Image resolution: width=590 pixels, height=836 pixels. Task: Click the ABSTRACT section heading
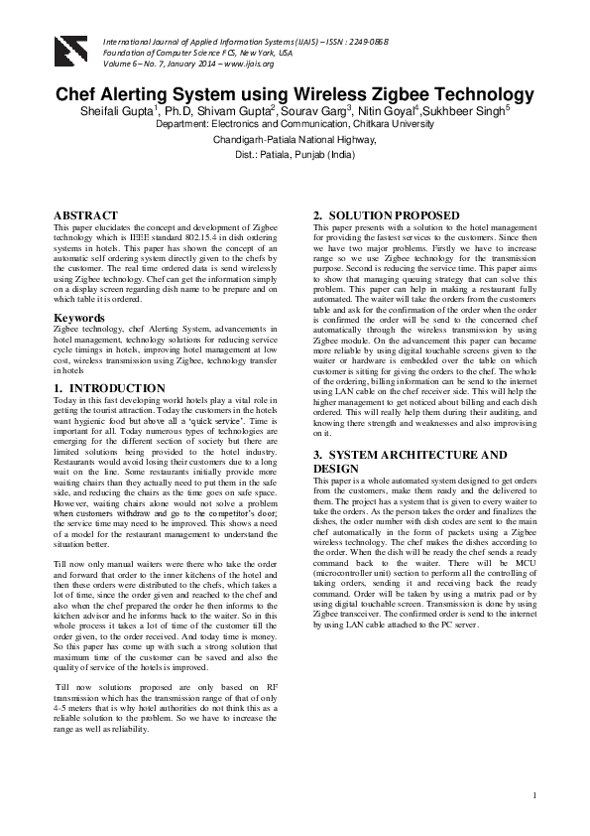pos(85,215)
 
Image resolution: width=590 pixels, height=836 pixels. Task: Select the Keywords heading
pos(80,319)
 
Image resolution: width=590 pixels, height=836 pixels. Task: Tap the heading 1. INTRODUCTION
pos(109,388)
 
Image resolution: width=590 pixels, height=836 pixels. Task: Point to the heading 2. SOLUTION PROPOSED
pos(386,215)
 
